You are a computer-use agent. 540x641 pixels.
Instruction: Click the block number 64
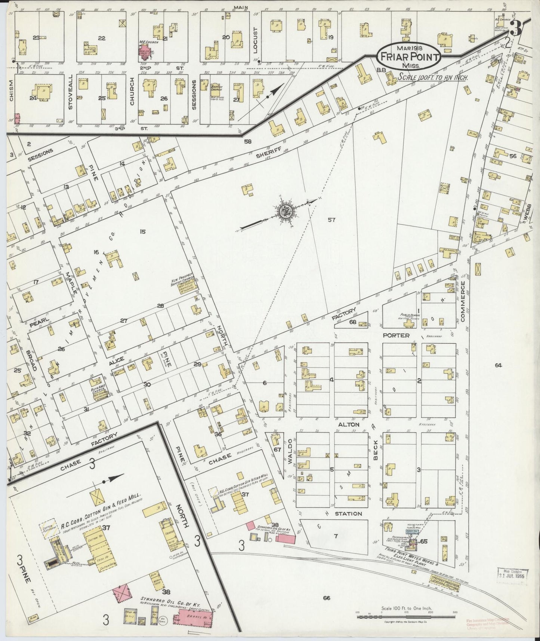(498, 365)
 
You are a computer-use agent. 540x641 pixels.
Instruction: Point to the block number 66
(327, 598)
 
